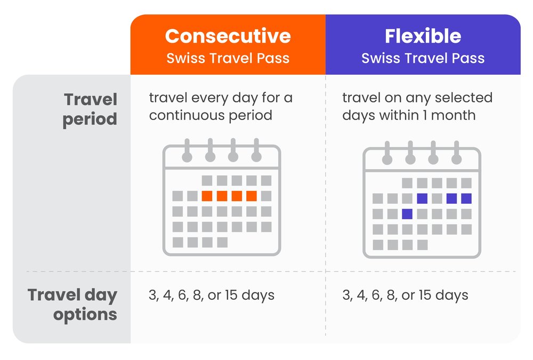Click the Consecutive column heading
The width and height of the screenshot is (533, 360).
[228, 36]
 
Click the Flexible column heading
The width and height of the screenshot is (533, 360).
[423, 36]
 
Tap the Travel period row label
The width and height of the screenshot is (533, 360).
[90, 109]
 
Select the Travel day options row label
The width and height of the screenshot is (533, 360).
[72, 305]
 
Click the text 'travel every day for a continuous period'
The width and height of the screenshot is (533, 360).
[221, 106]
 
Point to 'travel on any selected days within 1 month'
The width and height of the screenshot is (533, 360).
[417, 106]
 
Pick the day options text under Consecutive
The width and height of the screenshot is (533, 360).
[212, 295]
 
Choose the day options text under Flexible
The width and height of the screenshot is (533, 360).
[405, 295]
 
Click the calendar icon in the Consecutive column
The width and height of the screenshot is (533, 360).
[221, 197]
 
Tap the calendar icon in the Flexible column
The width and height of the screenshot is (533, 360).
[422, 201]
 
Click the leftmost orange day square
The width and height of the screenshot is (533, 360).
[207, 196]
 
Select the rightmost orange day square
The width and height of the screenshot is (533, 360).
[252, 196]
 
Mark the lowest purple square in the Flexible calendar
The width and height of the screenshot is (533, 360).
[407, 214]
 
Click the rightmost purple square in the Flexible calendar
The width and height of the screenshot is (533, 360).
[466, 198]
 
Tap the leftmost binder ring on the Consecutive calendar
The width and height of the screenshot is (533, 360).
[187, 150]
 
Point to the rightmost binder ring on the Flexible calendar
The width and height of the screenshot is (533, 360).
[456, 154]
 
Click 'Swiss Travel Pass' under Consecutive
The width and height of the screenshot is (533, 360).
[228, 58]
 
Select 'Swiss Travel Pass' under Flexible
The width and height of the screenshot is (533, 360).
[423, 58]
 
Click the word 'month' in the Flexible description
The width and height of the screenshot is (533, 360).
[453, 115]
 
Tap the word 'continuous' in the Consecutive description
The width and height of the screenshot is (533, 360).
[188, 115]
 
